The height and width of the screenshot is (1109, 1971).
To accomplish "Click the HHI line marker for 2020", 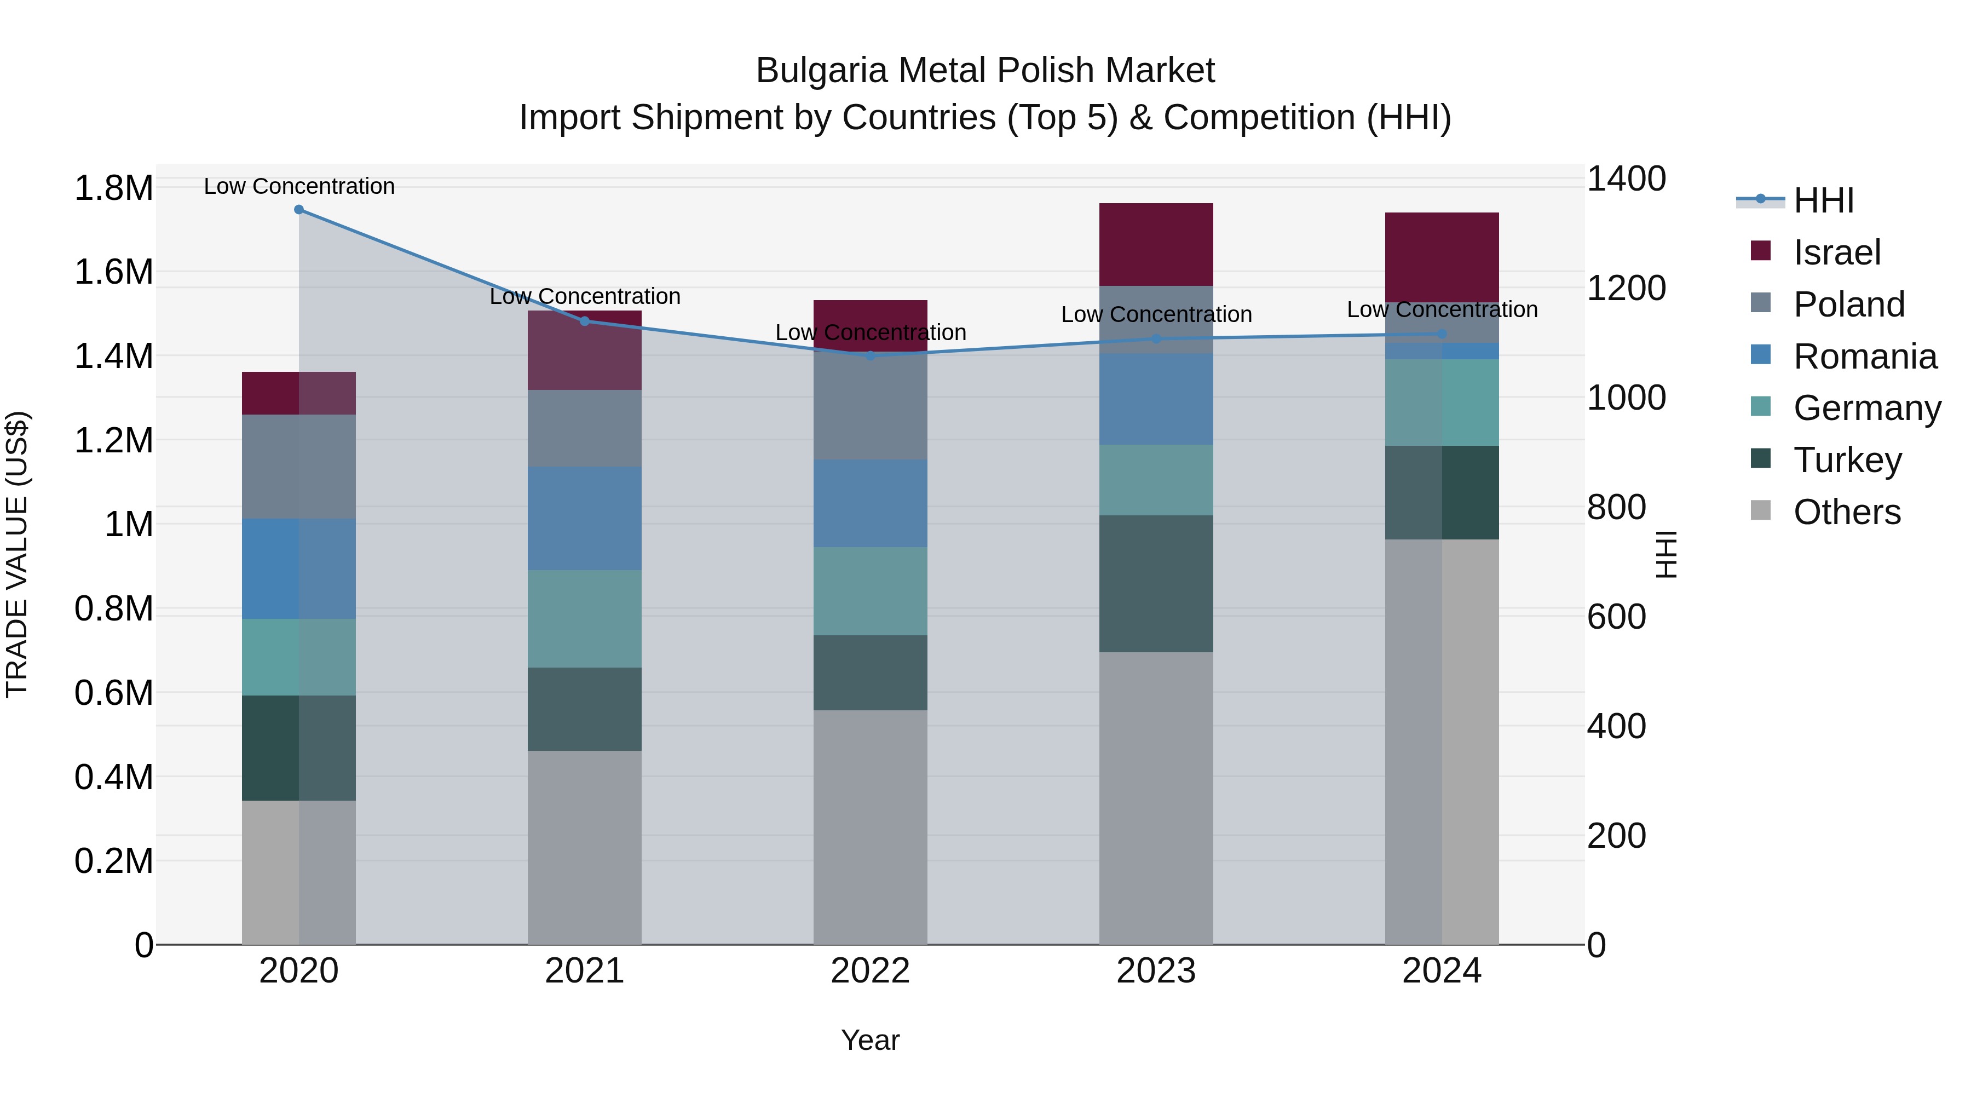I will click(x=299, y=210).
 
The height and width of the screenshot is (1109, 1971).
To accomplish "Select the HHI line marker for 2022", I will click(x=871, y=355).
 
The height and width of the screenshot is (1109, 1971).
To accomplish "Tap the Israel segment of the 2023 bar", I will click(x=1156, y=245).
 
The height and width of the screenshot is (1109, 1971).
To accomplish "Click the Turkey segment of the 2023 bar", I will click(x=1156, y=583).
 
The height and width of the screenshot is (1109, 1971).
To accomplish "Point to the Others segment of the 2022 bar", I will click(x=871, y=826).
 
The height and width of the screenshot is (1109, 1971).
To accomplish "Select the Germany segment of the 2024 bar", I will click(x=1442, y=403).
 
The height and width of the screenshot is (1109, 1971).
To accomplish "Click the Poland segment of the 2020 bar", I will click(x=299, y=467).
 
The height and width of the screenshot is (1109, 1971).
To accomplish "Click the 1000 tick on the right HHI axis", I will click(x=1626, y=398).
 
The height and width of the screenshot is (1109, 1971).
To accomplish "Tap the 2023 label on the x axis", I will click(x=1156, y=971).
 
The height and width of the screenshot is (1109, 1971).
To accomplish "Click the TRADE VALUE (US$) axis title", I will click(x=17, y=554).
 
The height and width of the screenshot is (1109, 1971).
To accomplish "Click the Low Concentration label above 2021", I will click(x=585, y=297).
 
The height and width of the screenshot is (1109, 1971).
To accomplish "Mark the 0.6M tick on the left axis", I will click(x=114, y=693).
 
